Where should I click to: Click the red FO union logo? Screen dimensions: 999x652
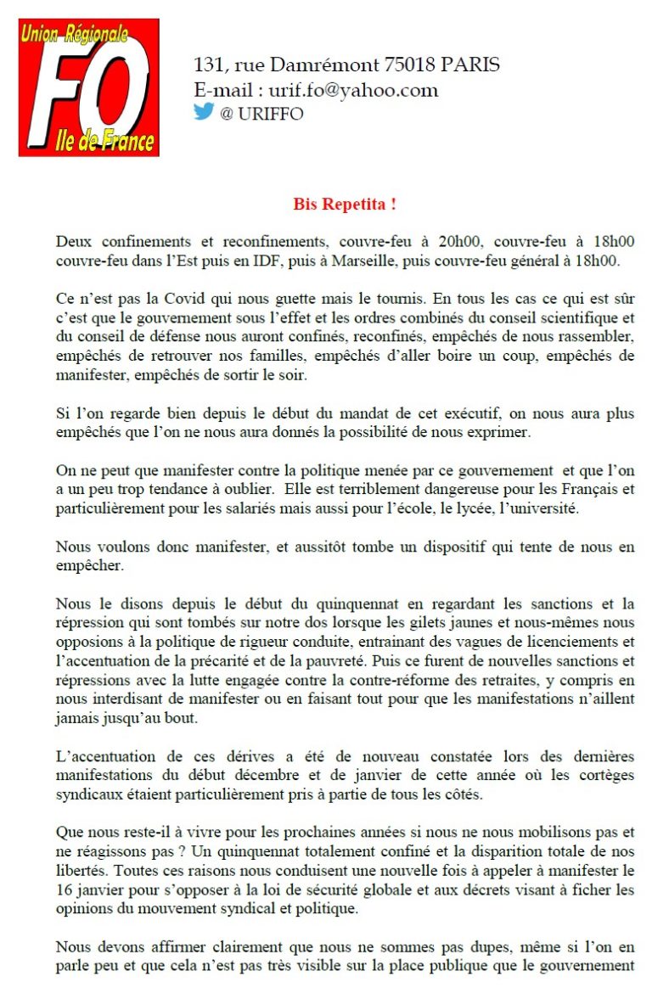tap(89, 87)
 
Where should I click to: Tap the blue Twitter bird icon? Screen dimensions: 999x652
tap(204, 111)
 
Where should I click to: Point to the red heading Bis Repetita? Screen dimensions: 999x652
tap(345, 205)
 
